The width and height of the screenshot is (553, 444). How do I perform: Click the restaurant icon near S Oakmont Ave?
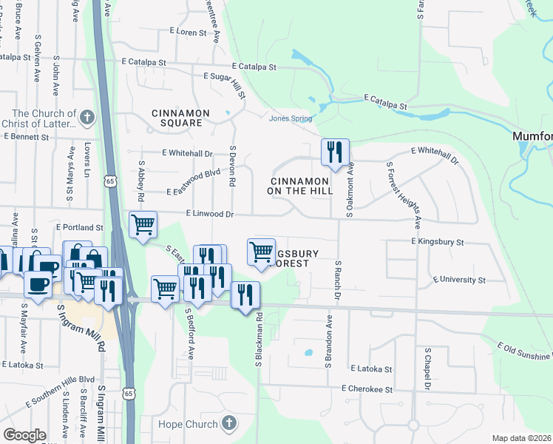click(335, 152)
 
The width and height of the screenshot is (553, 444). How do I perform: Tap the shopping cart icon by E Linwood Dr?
click(143, 224)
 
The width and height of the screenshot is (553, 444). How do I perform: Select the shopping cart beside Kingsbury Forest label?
click(261, 252)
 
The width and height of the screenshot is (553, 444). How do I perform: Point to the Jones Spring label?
click(290, 118)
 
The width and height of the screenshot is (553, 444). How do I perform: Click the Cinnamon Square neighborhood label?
click(181, 113)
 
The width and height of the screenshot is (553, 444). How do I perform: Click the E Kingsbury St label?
click(437, 242)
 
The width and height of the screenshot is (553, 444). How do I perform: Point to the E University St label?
click(459, 280)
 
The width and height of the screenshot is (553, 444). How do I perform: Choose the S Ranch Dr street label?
click(338, 279)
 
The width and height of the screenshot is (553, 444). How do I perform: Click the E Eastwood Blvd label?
click(194, 181)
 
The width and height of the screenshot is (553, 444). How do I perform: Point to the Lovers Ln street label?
click(86, 160)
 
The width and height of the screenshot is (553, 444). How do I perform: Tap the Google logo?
click(24, 435)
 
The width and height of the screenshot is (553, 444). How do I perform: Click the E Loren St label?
click(189, 32)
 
